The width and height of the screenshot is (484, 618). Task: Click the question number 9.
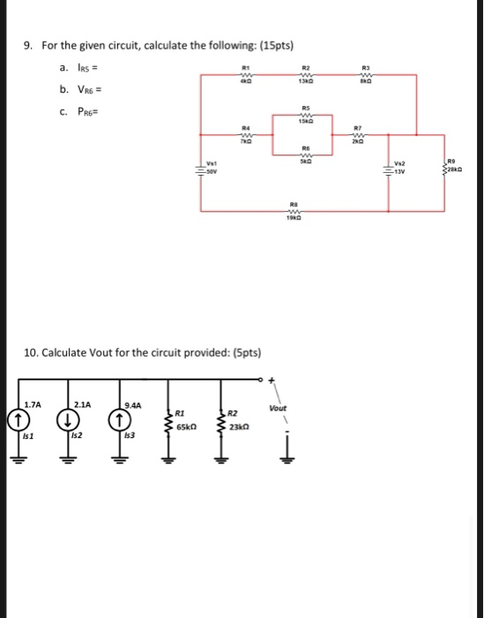click(x=28, y=45)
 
